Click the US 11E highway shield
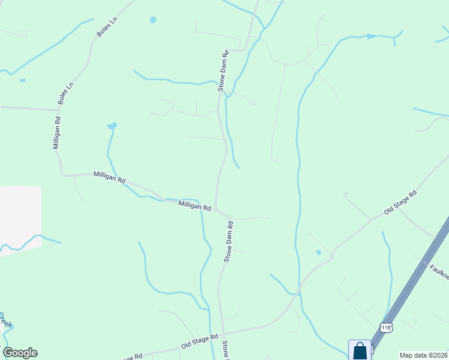point(386,326)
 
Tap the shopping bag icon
point(360,350)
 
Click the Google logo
point(20,353)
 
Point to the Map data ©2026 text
point(423,355)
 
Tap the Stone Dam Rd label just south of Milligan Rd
point(228,241)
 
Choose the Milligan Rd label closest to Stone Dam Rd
point(194,205)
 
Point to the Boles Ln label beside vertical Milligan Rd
point(65,94)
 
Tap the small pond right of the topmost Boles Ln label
point(153,20)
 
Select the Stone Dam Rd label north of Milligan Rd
point(223,71)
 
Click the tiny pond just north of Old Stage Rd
point(318,253)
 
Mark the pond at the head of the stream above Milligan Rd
point(112,126)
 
